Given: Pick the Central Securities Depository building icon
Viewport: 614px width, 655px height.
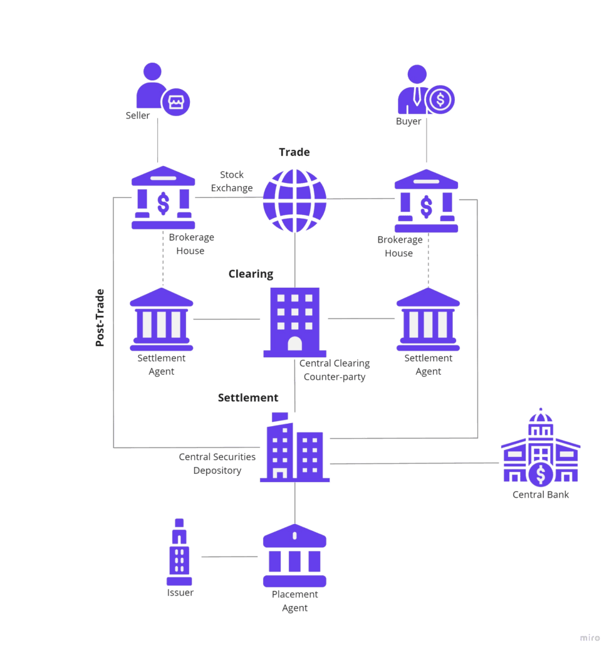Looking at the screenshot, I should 294,448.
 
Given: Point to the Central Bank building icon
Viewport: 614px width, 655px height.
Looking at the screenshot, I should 540,448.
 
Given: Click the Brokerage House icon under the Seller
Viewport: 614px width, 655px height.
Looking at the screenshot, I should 162,199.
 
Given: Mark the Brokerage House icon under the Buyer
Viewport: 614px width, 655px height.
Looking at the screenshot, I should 426,201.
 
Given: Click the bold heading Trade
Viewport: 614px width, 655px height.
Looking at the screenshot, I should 294,152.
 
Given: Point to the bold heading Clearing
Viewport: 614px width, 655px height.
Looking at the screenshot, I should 251,274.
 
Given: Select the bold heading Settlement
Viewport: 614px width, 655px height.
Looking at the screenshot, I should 248,397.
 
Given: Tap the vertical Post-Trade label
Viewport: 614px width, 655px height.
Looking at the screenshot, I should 100,318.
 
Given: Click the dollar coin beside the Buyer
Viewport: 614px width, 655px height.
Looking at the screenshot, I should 440,99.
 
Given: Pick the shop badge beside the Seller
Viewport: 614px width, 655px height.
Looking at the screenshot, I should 175,102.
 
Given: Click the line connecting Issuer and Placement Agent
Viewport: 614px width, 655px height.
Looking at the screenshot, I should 229,557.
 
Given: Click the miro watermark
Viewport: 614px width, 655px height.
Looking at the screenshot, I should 590,637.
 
